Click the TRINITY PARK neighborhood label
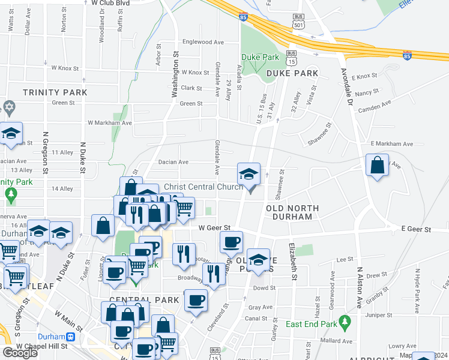tap(55, 93)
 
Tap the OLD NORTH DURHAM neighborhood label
tap(292, 212)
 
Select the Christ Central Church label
tap(203, 187)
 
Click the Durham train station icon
tap(71, 337)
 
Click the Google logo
tap(20, 353)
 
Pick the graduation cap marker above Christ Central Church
tap(249, 175)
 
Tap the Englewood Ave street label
tap(203, 42)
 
